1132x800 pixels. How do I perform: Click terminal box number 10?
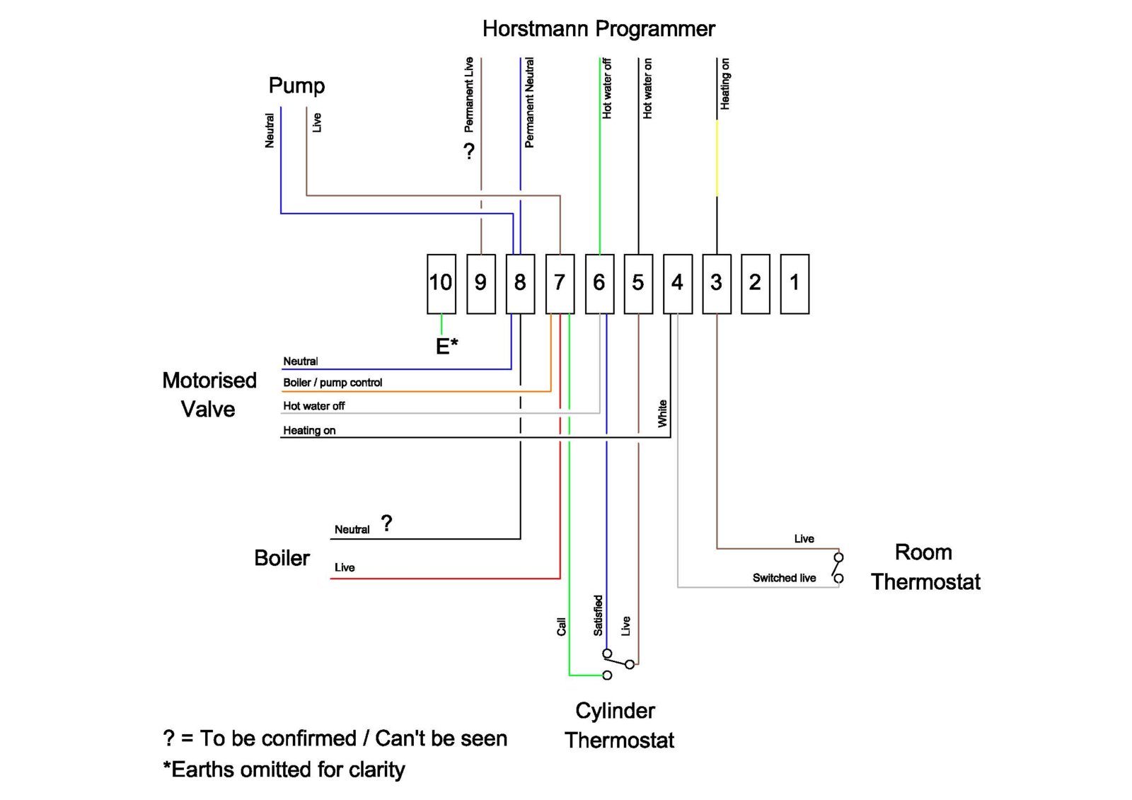[x=441, y=284]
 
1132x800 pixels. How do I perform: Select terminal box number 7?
[x=560, y=284]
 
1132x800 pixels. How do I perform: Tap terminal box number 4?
[x=677, y=284]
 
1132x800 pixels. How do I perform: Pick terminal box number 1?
[x=794, y=284]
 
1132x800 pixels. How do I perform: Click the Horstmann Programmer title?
[x=599, y=29]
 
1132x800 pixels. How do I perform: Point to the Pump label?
[x=296, y=86]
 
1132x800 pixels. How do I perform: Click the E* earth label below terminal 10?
[x=446, y=346]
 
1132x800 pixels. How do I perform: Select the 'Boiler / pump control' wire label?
[x=333, y=383]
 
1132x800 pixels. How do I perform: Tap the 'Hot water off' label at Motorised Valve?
[x=313, y=406]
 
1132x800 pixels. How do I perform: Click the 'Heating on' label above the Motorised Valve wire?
[x=309, y=430]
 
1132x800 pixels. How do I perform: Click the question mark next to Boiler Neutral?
[x=386, y=523]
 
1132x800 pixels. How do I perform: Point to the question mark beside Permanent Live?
[x=468, y=151]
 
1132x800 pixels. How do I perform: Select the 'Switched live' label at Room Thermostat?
[x=784, y=578]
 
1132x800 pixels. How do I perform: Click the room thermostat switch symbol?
[x=838, y=568]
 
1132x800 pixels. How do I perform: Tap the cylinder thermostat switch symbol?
[x=616, y=663]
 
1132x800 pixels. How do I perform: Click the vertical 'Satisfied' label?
[x=598, y=615]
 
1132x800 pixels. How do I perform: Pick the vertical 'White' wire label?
[x=662, y=413]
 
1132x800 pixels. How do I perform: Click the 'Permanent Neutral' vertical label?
[x=529, y=103]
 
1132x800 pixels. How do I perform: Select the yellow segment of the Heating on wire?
[x=717, y=158]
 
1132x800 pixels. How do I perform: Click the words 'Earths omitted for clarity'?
[x=288, y=770]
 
